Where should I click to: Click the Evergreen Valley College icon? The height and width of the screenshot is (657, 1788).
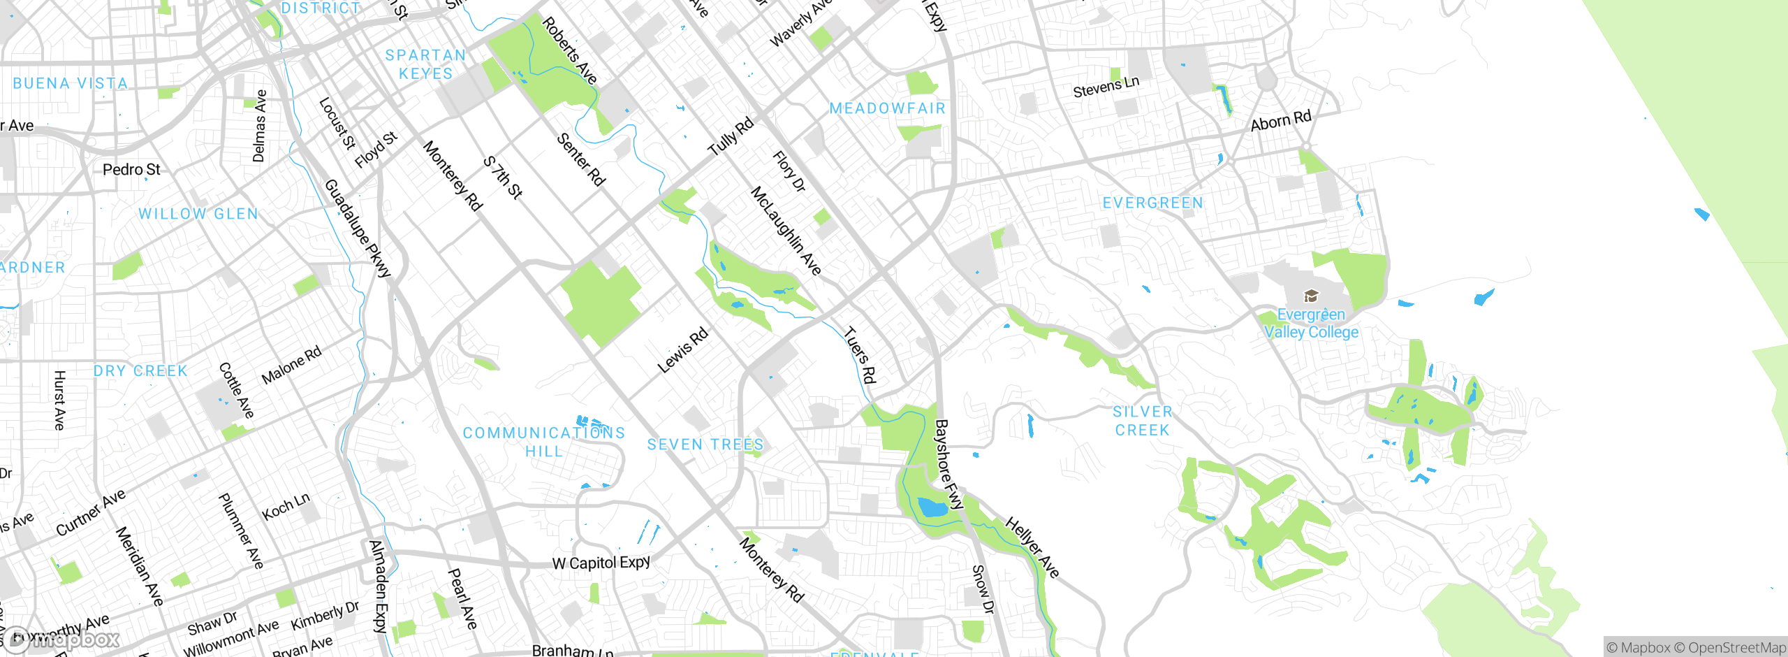point(1311,296)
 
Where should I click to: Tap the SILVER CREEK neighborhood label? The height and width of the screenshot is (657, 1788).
point(1142,421)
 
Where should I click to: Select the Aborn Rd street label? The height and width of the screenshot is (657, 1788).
point(1281,121)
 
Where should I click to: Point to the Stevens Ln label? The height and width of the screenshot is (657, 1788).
point(1106,87)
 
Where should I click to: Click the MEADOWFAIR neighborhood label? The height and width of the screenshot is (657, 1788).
point(887,108)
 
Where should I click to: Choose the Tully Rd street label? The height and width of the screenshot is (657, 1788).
point(731,136)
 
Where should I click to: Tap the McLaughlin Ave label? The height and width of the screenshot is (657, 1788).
point(786,230)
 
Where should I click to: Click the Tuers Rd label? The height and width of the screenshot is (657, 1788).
point(860,355)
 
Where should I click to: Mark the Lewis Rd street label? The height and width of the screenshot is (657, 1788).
point(682,350)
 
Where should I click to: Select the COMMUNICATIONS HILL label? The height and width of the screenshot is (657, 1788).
point(544,442)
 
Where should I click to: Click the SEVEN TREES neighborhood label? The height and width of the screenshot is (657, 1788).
point(705,445)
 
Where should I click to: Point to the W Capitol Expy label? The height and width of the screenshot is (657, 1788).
point(601,563)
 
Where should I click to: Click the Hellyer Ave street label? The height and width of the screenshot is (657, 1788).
point(1032,547)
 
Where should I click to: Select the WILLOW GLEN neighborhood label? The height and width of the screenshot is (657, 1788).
point(198,214)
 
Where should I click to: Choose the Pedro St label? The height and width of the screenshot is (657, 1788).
point(131,170)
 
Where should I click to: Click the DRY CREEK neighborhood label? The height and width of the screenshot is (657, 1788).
point(140,371)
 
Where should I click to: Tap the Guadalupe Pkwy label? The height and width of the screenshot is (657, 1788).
point(357,228)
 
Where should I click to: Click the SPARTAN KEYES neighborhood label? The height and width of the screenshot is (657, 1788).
point(425,64)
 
